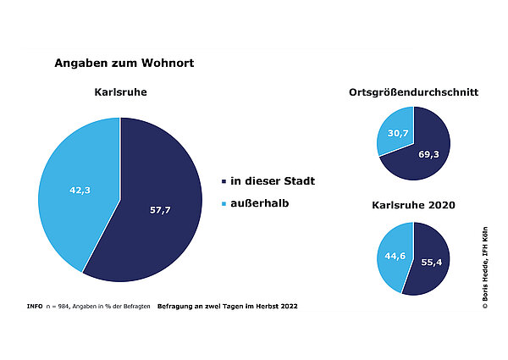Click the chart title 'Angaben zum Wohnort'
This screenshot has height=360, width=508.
[x=124, y=63]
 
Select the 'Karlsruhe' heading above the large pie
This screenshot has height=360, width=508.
[x=119, y=91]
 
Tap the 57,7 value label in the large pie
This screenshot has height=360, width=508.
[x=160, y=209]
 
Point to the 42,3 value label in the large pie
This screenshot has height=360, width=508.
[x=80, y=191]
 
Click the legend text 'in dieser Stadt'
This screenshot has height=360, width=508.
[x=273, y=181]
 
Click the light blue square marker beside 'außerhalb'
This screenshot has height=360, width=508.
[x=223, y=204]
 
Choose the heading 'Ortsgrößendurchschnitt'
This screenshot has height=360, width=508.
[x=414, y=91]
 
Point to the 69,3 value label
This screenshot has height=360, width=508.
[x=429, y=155]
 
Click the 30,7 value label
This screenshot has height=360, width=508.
[x=396, y=133]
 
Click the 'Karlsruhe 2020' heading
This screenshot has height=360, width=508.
[x=414, y=205]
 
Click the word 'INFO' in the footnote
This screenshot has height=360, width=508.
[x=35, y=305]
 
